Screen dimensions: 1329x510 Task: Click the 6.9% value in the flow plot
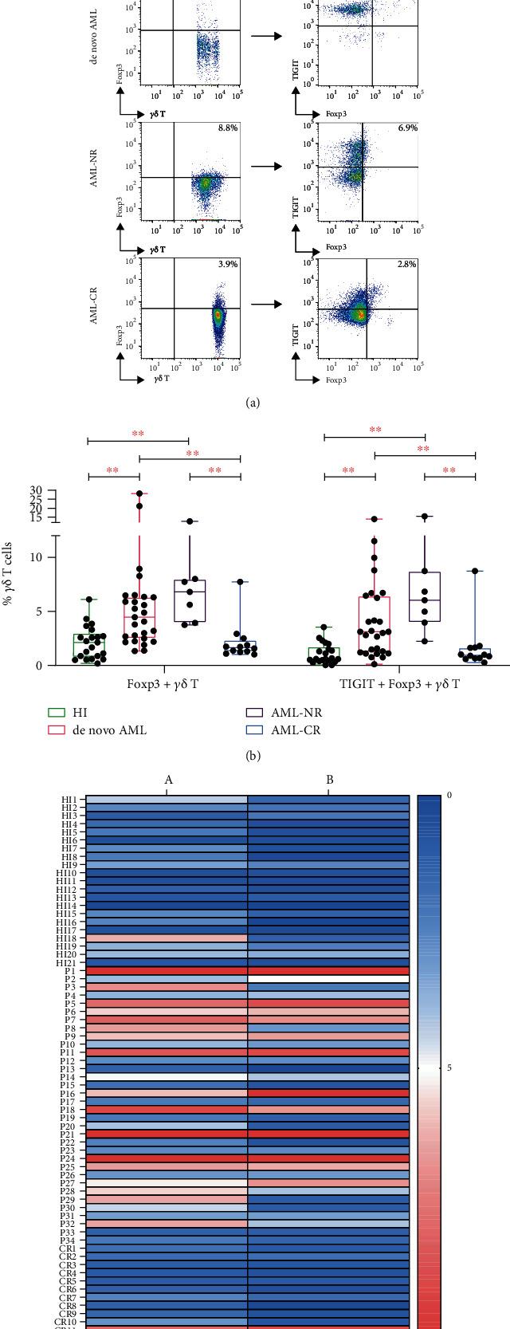[x=407, y=129]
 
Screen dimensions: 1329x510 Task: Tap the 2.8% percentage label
[x=407, y=264]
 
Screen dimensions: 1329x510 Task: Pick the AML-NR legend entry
[x=254, y=713]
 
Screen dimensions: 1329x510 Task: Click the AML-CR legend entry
[x=254, y=729]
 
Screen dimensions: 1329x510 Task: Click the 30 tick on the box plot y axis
[x=37, y=491]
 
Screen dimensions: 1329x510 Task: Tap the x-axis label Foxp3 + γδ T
[x=165, y=683]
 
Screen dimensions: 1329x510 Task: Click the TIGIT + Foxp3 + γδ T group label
[x=399, y=683]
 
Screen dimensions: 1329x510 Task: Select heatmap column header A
[x=168, y=780]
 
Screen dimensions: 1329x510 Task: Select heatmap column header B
[x=329, y=780]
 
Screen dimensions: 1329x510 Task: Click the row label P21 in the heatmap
[x=69, y=1134]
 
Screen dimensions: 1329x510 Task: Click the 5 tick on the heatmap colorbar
[x=449, y=1067]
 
